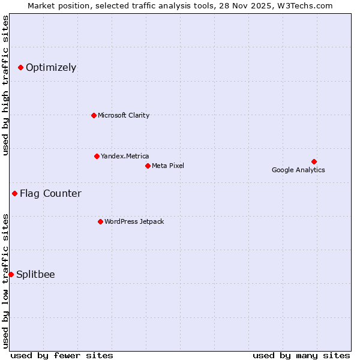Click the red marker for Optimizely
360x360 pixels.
[20, 67]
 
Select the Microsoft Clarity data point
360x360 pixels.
[94, 115]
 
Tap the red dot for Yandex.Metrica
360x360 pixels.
[97, 156]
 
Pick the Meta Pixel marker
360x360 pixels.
[148, 166]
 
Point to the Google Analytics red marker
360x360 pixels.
[314, 161]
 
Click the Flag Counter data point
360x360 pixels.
[14, 193]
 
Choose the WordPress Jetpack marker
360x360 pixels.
[100, 221]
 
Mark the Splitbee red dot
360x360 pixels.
[11, 274]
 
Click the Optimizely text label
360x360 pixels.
[51, 67]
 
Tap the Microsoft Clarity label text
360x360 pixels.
[124, 115]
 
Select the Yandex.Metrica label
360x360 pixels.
[125, 156]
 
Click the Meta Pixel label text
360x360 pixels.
[168, 166]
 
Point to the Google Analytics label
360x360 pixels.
[298, 170]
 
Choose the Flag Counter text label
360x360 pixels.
[50, 193]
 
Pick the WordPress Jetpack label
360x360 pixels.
[134, 221]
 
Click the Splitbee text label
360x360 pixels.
[35, 274]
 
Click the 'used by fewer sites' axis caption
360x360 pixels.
[62, 355]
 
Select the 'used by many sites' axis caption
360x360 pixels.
[301, 355]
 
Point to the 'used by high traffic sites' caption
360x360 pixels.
[5, 85]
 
